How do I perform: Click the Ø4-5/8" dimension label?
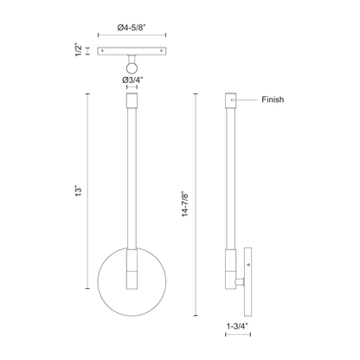pos(132,28)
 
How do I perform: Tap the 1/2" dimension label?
pos(79,51)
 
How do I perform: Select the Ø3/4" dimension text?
pos(133,80)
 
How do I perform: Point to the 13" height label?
pos(79,191)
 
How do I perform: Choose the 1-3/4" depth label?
pos(237,326)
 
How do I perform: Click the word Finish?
pos(273,100)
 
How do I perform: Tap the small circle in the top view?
pos(132,68)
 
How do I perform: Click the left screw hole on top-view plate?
pos(102,51)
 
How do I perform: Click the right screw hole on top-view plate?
pos(162,51)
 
